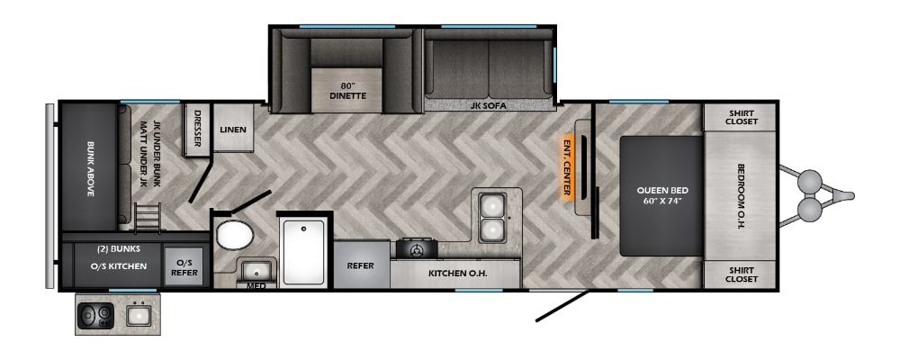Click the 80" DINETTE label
coord(347,91)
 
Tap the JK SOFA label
coord(490,104)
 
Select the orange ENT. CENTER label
coord(567,167)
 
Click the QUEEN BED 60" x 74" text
coord(661,195)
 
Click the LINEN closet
coord(232,128)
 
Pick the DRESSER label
coord(197,128)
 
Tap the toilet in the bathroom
coord(235,235)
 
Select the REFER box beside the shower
coord(361,265)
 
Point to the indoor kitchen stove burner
coord(417,250)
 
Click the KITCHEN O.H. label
coord(457,274)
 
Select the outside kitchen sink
coord(139,316)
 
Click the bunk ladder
coord(148,218)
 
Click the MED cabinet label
coord(256,285)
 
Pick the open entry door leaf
coord(562,305)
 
